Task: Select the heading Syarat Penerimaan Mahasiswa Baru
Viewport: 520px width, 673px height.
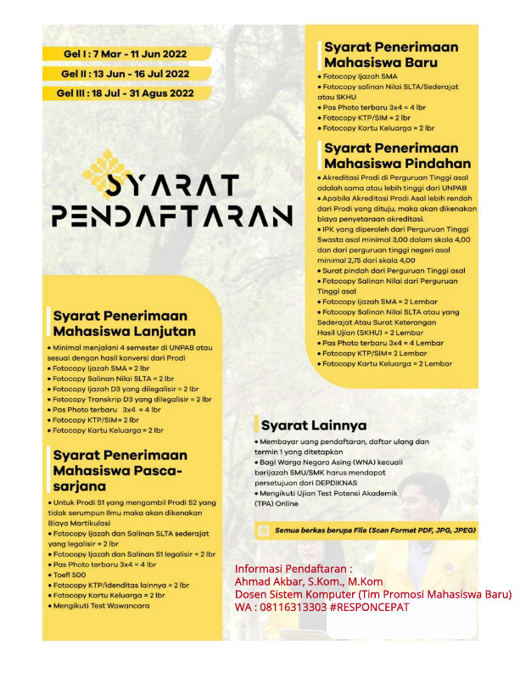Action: point(390,54)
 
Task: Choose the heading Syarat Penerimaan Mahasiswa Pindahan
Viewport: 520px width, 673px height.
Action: point(398,155)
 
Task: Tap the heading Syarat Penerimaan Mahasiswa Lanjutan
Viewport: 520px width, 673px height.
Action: point(124,323)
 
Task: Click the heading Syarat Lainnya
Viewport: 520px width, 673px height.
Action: point(313,424)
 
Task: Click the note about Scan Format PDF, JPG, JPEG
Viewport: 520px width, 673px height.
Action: point(374,531)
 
